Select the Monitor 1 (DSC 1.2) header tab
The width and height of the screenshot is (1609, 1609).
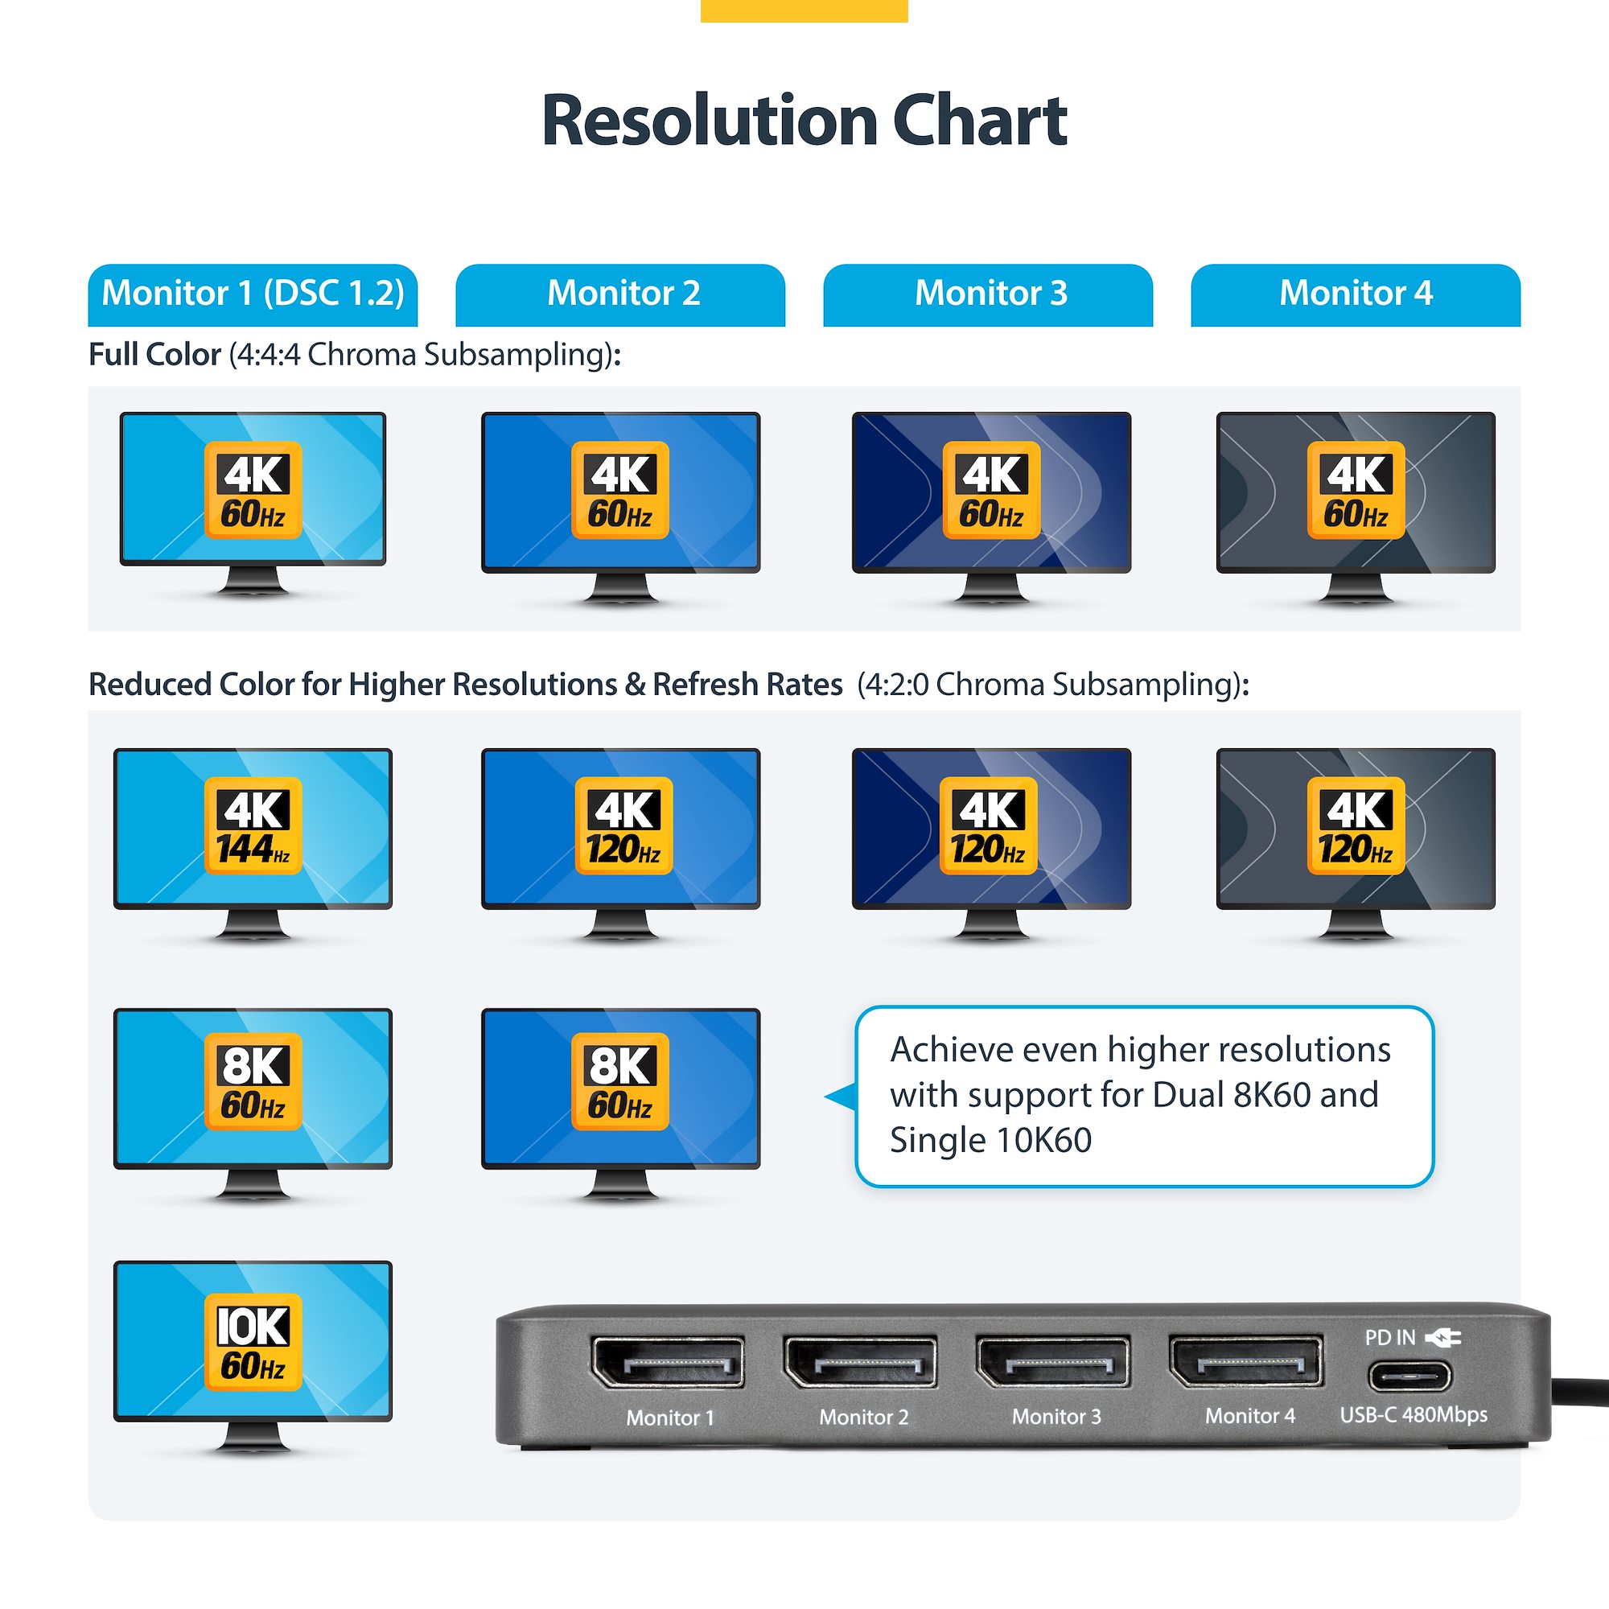click(x=253, y=294)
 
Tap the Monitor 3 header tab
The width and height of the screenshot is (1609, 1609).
click(x=988, y=294)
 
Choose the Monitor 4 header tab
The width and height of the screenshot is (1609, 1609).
click(x=1355, y=294)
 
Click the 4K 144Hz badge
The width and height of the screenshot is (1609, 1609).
click(x=253, y=825)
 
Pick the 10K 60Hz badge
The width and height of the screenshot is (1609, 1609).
click(x=253, y=1343)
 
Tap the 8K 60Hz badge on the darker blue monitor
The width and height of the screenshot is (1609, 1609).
click(x=619, y=1081)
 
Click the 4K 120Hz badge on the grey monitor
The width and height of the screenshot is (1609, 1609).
click(x=1355, y=825)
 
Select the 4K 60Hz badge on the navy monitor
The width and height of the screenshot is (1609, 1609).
click(x=990, y=490)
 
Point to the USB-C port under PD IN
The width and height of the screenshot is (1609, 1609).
click(x=1409, y=1376)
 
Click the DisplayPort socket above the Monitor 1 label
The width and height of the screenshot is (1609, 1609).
click(x=667, y=1364)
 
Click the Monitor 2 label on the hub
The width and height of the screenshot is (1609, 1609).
click(x=862, y=1417)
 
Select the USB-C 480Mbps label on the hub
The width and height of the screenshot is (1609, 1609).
click(x=1413, y=1414)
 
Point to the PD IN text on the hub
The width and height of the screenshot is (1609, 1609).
click(x=1389, y=1338)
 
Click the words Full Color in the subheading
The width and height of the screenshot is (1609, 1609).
click(x=154, y=355)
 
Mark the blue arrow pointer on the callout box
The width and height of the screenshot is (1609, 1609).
click(x=842, y=1097)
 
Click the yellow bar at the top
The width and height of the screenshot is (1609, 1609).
click(x=804, y=10)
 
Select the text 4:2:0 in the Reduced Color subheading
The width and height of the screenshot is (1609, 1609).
click(x=896, y=685)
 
